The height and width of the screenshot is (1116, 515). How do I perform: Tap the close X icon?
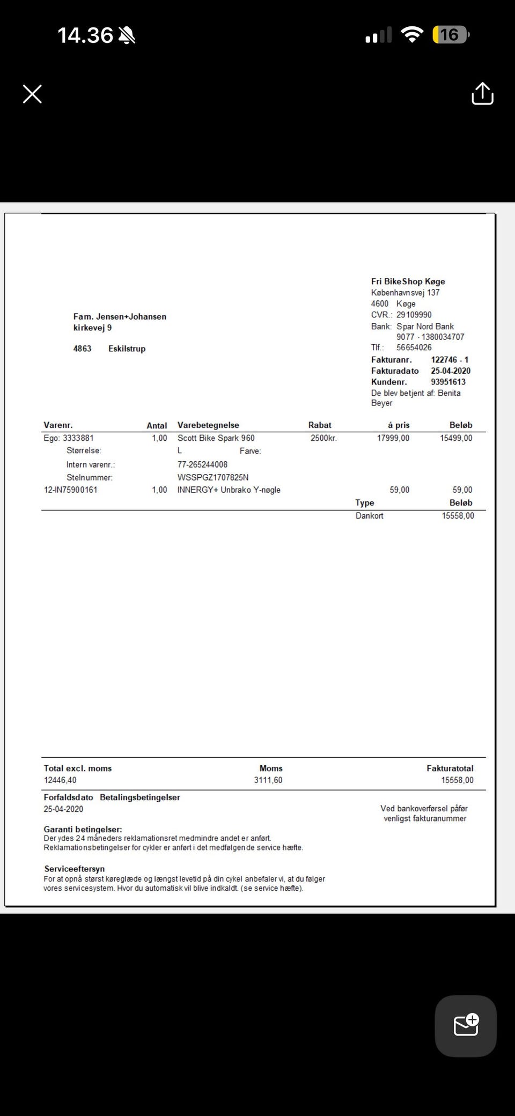pos(32,94)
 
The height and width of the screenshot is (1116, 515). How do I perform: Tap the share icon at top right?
pos(482,94)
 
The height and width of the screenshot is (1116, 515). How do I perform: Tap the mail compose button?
pos(466,1025)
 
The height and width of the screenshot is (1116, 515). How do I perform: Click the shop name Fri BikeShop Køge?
pos(408,282)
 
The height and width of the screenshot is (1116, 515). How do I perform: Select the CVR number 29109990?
pos(414,315)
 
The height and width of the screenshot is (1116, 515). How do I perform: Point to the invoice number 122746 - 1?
pos(450,360)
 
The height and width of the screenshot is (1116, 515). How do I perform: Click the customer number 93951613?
pos(448,382)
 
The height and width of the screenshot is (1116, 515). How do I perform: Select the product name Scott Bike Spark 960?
pos(216,438)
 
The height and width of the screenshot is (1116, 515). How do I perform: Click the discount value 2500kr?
pos(323,438)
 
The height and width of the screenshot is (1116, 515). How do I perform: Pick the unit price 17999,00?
pos(393,438)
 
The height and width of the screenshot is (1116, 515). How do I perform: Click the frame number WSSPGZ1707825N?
pos(213,477)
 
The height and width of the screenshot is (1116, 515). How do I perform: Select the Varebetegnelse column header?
pos(208,425)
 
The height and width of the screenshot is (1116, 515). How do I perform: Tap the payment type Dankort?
pos(369,516)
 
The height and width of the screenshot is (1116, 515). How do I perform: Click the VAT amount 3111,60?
pos(268,780)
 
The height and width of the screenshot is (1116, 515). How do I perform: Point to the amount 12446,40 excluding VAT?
pos(60,780)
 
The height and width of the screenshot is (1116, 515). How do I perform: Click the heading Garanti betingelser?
pos(83,830)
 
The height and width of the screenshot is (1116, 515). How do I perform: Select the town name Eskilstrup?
pos(127,349)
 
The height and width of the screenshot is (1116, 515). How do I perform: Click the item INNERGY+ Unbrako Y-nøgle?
pos(229,490)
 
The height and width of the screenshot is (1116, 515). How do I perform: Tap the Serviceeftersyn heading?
pos(74,869)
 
